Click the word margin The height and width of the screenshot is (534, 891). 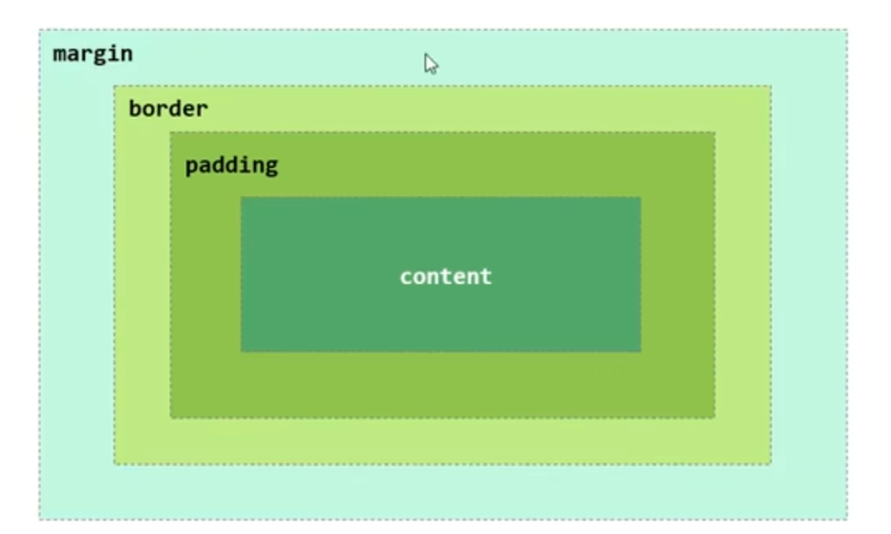point(92,54)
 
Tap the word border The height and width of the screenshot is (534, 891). point(168,109)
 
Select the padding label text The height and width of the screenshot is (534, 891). point(231,166)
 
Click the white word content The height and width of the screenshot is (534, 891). point(445,276)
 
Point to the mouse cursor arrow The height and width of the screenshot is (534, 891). point(430,63)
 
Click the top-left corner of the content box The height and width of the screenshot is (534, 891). point(241,198)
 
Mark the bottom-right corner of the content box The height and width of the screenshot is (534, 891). point(641,351)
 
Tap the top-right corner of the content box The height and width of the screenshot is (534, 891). point(641,198)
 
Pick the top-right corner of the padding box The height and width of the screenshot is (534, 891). point(715,132)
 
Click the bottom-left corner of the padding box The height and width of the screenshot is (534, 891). point(171,417)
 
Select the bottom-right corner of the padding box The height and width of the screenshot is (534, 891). point(715,417)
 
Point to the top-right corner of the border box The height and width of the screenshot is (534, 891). point(771,86)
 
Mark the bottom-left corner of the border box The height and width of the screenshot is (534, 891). point(114,463)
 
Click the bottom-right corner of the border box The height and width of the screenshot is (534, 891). point(771,463)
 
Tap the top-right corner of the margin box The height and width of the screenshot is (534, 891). point(847,30)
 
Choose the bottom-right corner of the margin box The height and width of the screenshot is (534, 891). point(847,519)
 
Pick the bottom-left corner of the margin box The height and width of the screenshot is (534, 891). point(39,519)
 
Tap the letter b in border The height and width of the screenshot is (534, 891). point(135,109)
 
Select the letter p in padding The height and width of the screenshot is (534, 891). point(191,166)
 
